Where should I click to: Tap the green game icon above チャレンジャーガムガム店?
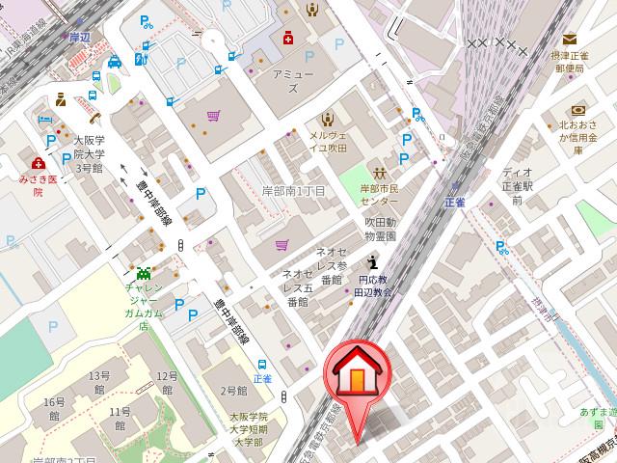pos(144,274)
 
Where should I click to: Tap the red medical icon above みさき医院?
pos(38,163)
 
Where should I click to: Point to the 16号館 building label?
pos(52,408)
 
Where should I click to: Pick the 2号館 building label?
pos(234,391)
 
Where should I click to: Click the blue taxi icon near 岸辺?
pos(116,63)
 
